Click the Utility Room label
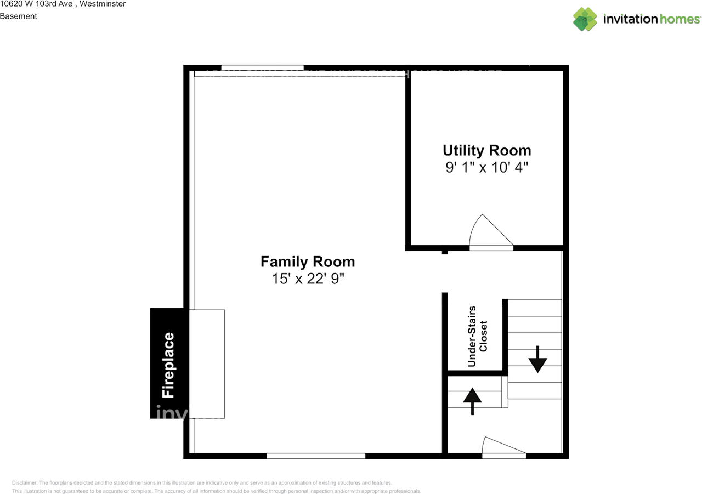coord(486,150)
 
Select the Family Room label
coord(308,262)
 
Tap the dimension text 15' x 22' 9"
coord(308,279)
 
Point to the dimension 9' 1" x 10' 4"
coord(486,167)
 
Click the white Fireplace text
coord(168,365)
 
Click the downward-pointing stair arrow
coord(537,360)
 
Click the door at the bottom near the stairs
coord(503,447)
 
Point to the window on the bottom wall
coord(316,456)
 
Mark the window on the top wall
coord(262,68)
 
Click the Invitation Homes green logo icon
coord(585,19)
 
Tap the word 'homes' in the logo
coord(680,19)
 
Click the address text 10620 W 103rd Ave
coord(33,4)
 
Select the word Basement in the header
coord(19,16)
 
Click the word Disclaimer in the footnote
coord(25,483)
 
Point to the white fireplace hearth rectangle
coord(207,364)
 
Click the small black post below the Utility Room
coord(445,252)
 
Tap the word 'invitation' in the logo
coord(630,19)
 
